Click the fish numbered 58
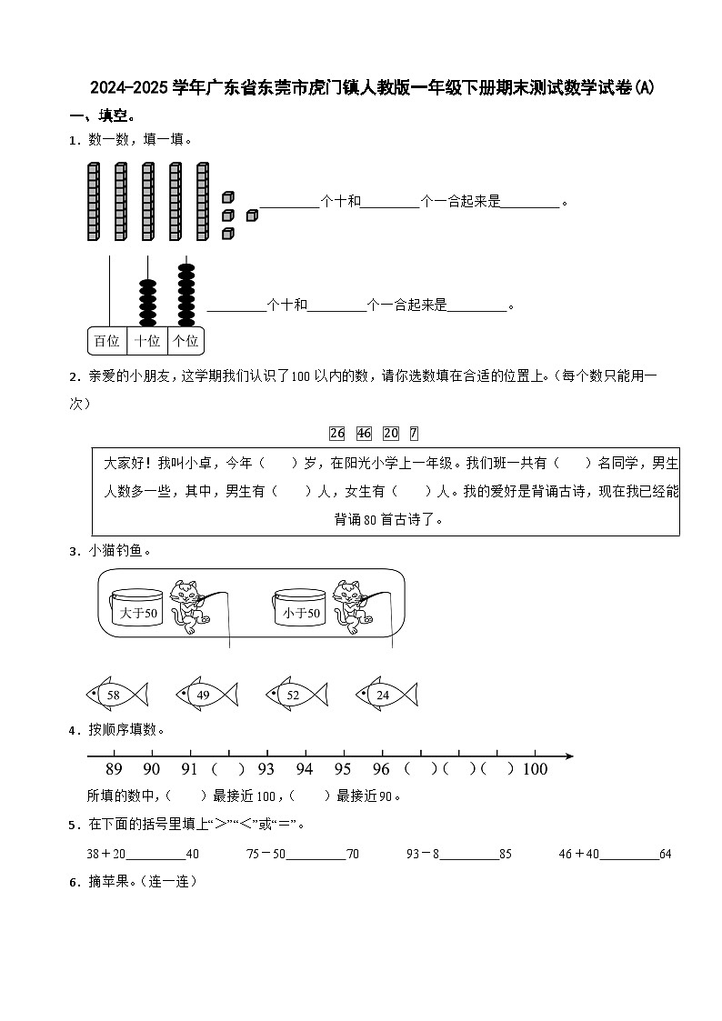[115, 695]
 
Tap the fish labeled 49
[206, 695]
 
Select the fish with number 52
[296, 695]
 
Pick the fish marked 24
[386, 695]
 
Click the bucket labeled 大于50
[138, 611]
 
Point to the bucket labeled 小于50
[301, 611]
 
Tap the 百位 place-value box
[106, 341]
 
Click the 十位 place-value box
[147, 341]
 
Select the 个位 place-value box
[186, 341]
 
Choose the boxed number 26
[337, 433]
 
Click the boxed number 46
[365, 433]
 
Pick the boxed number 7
[414, 433]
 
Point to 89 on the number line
[114, 769]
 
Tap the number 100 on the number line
[536, 769]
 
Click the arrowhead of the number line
[568, 756]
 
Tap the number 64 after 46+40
[665, 854]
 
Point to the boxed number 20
[391, 433]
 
